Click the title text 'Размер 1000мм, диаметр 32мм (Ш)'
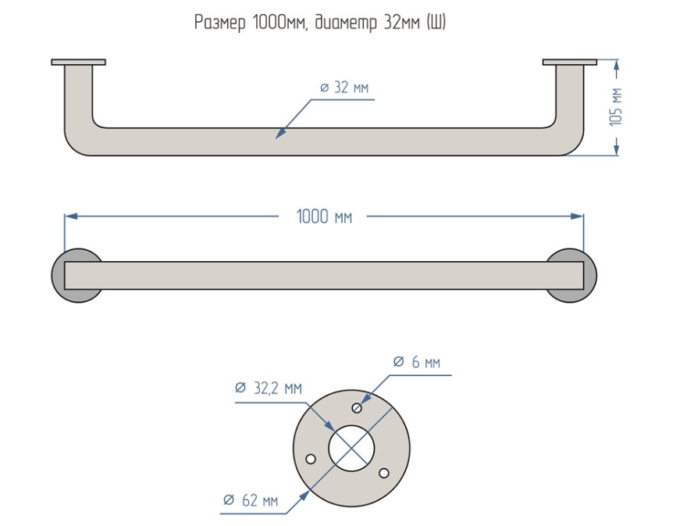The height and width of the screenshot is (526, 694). [320, 23]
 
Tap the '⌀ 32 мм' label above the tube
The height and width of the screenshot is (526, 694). [344, 88]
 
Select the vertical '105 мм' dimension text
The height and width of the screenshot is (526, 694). [616, 107]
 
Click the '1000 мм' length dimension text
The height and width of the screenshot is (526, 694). [324, 216]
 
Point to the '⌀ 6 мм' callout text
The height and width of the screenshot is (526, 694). [417, 362]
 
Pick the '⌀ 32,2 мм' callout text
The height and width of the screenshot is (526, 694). [269, 388]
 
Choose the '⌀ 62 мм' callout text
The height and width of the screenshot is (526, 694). [251, 500]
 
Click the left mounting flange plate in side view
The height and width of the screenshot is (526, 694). [78, 62]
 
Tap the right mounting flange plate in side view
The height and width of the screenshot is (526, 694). [570, 62]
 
